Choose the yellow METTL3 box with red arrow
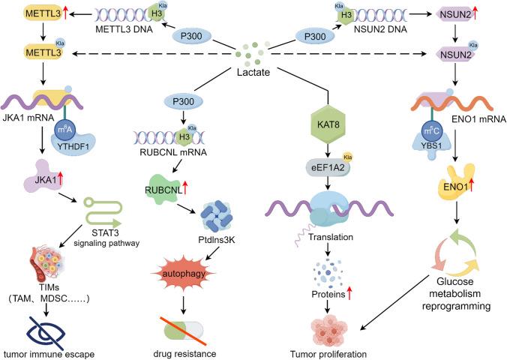tap(27, 13)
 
